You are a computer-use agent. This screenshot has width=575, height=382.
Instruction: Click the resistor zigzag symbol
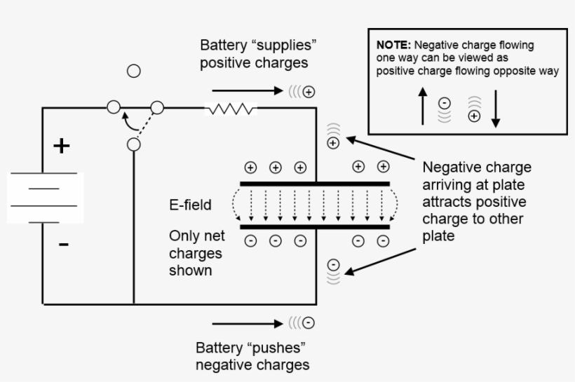pos(231,109)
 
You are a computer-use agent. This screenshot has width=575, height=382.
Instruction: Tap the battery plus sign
pos(63,146)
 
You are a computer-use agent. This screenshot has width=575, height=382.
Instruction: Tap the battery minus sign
pos(64,245)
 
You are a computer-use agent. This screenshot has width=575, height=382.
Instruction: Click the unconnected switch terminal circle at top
pos(133,71)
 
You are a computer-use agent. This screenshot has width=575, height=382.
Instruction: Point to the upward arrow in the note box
pos(422,107)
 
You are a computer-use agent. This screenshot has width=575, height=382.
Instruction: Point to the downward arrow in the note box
pos(495,109)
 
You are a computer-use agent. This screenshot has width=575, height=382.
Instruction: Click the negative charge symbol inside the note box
pos(444,103)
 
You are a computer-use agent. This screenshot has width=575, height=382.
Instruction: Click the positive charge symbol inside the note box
pos(474,116)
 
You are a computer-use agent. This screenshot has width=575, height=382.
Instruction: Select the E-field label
pos(191,205)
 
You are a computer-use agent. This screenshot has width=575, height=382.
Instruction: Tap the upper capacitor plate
pos(314,184)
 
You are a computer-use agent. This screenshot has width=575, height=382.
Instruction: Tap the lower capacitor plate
pos(314,227)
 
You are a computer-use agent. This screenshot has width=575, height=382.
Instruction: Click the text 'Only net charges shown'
pos(196,252)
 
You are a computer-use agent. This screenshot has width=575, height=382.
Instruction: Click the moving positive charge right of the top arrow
pos(309,92)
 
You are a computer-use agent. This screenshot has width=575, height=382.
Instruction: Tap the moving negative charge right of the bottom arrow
pos(309,323)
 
